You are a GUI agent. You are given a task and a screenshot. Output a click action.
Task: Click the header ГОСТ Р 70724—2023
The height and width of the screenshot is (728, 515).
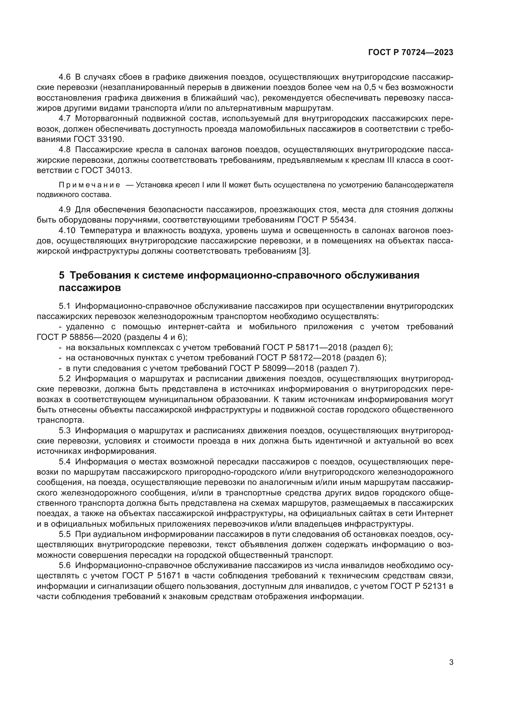tap(411, 53)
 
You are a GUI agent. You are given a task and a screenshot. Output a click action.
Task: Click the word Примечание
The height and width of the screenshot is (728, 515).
tap(89, 185)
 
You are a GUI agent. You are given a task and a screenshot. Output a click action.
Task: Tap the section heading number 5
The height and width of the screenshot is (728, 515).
tap(62, 275)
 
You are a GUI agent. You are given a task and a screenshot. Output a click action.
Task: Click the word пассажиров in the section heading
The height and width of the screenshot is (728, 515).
tap(90, 288)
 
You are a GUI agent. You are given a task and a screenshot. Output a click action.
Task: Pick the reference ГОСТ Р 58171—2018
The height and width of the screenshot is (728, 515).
tap(306, 348)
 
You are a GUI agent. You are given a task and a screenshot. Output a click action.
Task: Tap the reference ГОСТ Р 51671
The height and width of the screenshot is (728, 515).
tap(151, 576)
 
